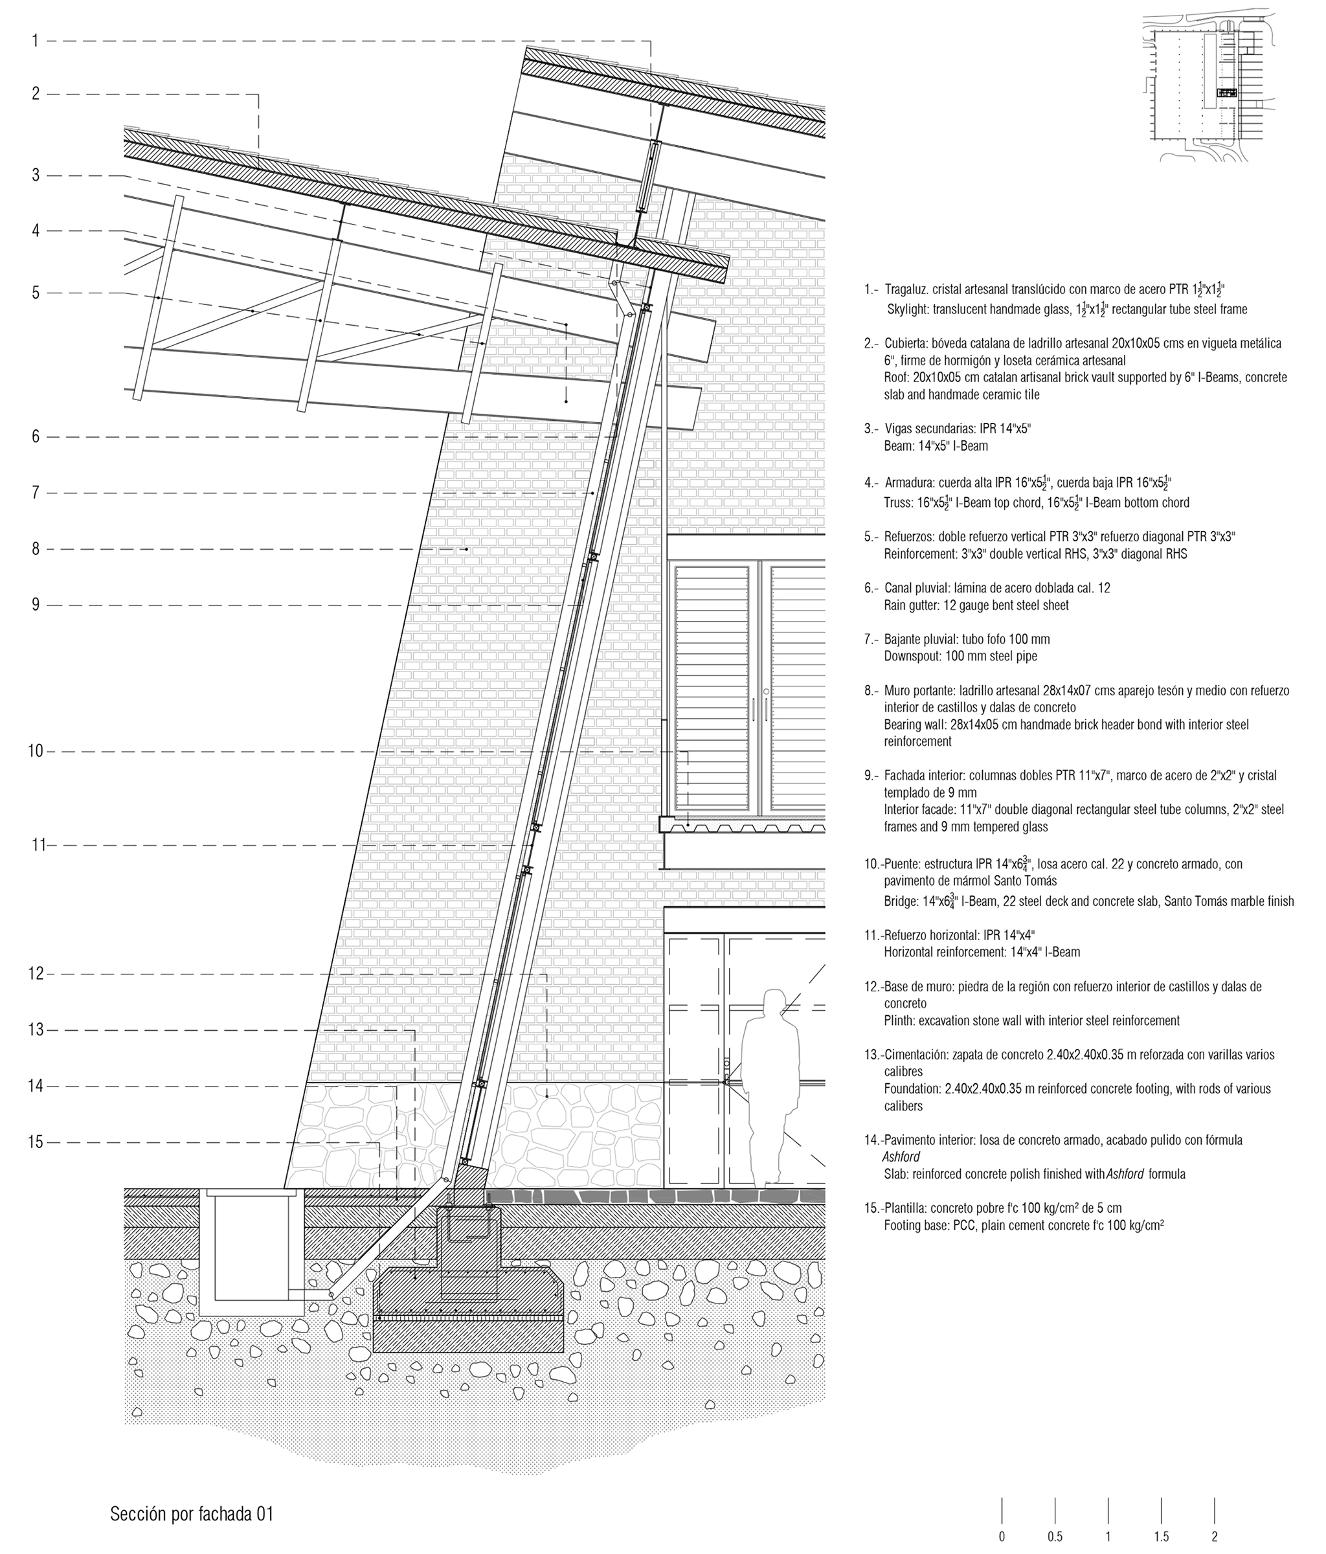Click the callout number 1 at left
pyautogui.click(x=35, y=41)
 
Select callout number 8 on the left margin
pyautogui.click(x=35, y=549)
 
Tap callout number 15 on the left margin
pyautogui.click(x=35, y=1142)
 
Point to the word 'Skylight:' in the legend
pyautogui.click(x=908, y=309)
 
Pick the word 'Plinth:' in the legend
pyautogui.click(x=899, y=1020)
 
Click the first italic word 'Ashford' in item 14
pyautogui.click(x=901, y=1156)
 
